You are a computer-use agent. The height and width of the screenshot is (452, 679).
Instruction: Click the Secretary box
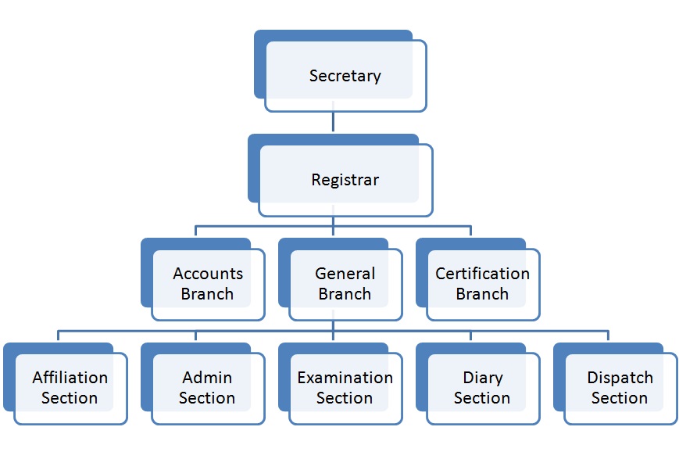coord(345,76)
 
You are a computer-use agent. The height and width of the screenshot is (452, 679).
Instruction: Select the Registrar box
coord(345,179)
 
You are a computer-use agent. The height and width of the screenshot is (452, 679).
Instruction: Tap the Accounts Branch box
coord(207,284)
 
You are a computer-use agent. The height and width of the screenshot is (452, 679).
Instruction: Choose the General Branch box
coord(345,284)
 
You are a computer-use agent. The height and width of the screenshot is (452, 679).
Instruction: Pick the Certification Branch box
coord(482,284)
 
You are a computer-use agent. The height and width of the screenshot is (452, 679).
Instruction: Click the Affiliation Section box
coord(70,387)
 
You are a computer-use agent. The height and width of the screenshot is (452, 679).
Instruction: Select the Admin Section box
coord(207,387)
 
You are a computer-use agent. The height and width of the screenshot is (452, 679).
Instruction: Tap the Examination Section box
coord(345,387)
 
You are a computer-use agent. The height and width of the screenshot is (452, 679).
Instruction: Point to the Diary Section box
coord(482,387)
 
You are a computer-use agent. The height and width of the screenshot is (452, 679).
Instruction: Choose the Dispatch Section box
coord(620,387)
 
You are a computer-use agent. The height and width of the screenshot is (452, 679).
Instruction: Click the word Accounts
coord(208,274)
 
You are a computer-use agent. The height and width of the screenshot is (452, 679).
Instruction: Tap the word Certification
coord(482,274)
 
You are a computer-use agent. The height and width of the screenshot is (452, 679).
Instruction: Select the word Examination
coord(345,378)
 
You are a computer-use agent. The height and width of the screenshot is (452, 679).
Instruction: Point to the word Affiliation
coord(70,378)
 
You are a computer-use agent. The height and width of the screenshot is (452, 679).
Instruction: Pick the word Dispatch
coord(620,378)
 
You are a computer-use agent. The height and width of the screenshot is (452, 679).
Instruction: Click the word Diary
coord(482,378)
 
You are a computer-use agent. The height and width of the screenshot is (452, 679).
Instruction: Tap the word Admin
coord(207,378)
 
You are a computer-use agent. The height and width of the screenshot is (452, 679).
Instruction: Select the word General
coord(345,274)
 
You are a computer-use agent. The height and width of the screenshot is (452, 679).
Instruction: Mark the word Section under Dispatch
coord(620,398)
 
